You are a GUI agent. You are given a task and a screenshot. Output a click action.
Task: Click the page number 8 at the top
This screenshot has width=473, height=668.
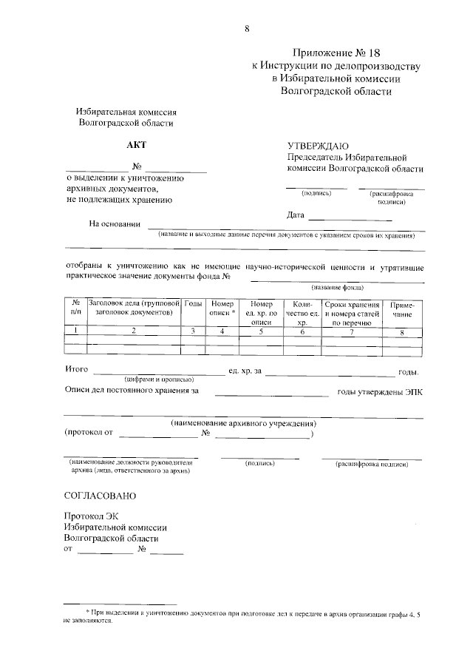(x=247, y=29)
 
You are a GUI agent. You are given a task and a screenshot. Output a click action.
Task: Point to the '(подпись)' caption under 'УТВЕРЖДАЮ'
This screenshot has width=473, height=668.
(x=316, y=193)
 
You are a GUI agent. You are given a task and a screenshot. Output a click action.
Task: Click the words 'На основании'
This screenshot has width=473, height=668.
(x=115, y=225)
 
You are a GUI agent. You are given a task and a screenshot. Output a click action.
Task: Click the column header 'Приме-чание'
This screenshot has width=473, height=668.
(x=402, y=309)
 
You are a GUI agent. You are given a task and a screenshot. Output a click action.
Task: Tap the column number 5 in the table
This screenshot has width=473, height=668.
(x=262, y=331)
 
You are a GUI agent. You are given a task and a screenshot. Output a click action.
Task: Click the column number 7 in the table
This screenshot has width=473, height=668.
(x=352, y=331)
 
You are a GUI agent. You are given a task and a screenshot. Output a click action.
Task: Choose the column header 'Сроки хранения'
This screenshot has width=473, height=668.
(x=352, y=304)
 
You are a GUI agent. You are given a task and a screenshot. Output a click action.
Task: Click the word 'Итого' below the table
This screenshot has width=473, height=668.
(x=77, y=368)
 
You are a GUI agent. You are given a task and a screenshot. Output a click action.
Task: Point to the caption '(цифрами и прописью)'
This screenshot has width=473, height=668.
(x=160, y=378)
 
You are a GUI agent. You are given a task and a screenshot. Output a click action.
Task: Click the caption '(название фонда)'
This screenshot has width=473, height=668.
(x=337, y=287)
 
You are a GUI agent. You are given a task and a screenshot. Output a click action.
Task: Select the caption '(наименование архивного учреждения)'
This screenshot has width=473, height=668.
(x=243, y=423)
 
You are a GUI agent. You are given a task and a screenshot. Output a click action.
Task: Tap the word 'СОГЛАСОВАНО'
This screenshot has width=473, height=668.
(x=101, y=495)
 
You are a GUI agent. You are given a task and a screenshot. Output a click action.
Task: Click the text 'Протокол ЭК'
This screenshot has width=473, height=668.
(x=91, y=516)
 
